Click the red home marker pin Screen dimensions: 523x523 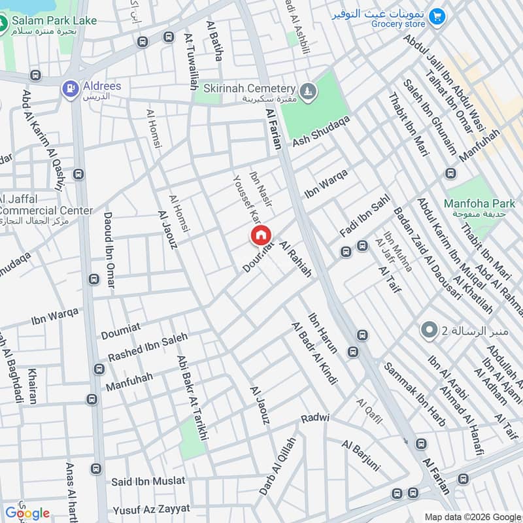click(260, 235)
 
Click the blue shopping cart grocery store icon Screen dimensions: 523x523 click(437, 14)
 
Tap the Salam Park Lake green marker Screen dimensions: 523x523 click(3, 24)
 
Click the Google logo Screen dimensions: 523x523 click(27, 513)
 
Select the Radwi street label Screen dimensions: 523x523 click(315, 418)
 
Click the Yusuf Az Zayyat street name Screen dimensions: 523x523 click(151, 509)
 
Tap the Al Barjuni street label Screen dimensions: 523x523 click(360, 456)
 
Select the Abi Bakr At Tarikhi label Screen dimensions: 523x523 click(192, 397)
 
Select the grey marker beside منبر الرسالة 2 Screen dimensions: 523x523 click(429, 330)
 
